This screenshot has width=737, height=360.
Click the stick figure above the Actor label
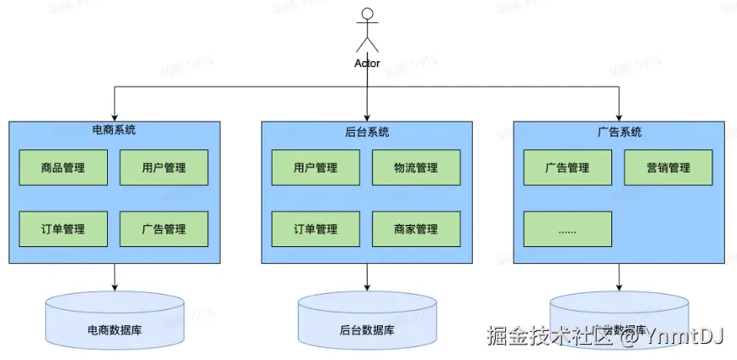(x=367, y=31)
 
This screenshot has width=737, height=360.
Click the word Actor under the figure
(x=367, y=64)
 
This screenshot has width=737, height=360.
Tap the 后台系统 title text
(x=367, y=132)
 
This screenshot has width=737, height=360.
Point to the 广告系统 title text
(x=619, y=132)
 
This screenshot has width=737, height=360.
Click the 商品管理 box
(x=63, y=168)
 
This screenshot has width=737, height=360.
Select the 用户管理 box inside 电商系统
(x=164, y=168)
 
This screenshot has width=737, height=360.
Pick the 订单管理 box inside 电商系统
(x=63, y=229)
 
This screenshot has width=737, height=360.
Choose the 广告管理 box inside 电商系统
(x=164, y=229)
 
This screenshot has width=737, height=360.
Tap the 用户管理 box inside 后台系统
(x=316, y=168)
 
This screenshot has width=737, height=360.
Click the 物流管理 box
(x=416, y=168)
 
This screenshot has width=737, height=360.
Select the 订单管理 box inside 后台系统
(x=316, y=229)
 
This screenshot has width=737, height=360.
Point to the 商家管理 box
(x=416, y=229)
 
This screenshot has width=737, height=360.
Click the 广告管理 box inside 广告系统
(x=567, y=168)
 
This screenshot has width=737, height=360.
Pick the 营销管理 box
(x=668, y=168)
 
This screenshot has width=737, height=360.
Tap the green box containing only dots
(x=567, y=229)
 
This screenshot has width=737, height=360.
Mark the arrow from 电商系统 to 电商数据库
(x=114, y=277)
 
